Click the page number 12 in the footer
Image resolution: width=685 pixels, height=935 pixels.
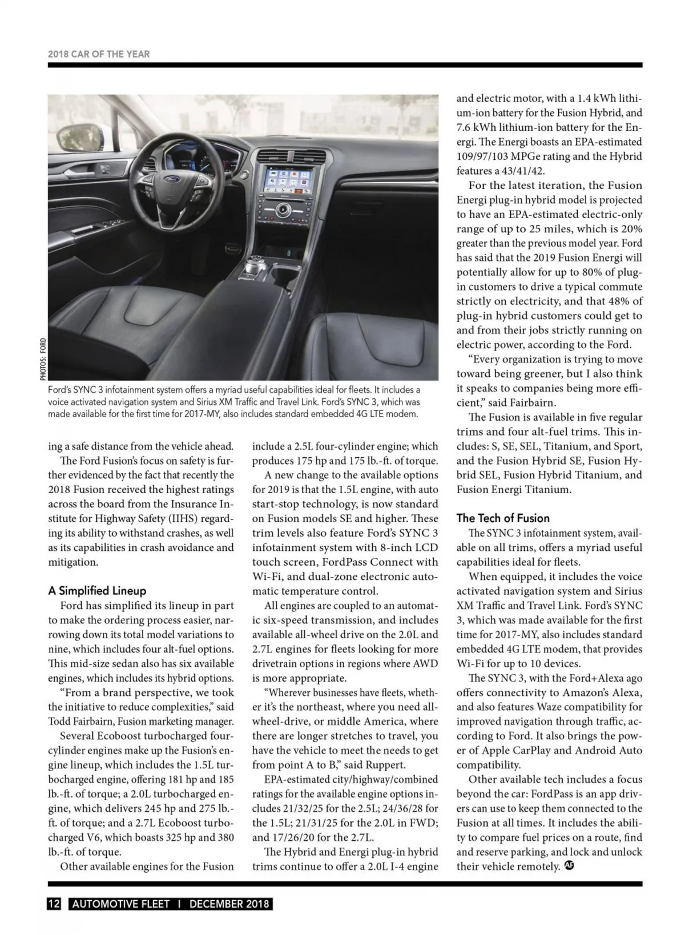(54, 904)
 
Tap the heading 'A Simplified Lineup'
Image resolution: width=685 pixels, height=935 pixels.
(97, 591)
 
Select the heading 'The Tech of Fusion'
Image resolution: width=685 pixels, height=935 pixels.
(503, 518)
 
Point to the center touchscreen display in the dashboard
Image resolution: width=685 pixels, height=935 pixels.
(287, 178)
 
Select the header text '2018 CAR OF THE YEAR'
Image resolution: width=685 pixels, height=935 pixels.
(99, 54)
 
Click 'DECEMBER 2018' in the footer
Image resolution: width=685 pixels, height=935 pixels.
(229, 904)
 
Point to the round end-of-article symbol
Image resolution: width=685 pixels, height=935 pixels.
(569, 865)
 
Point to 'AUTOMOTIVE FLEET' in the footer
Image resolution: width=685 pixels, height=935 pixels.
(121, 904)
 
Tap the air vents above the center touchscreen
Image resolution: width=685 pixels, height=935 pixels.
(290, 155)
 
